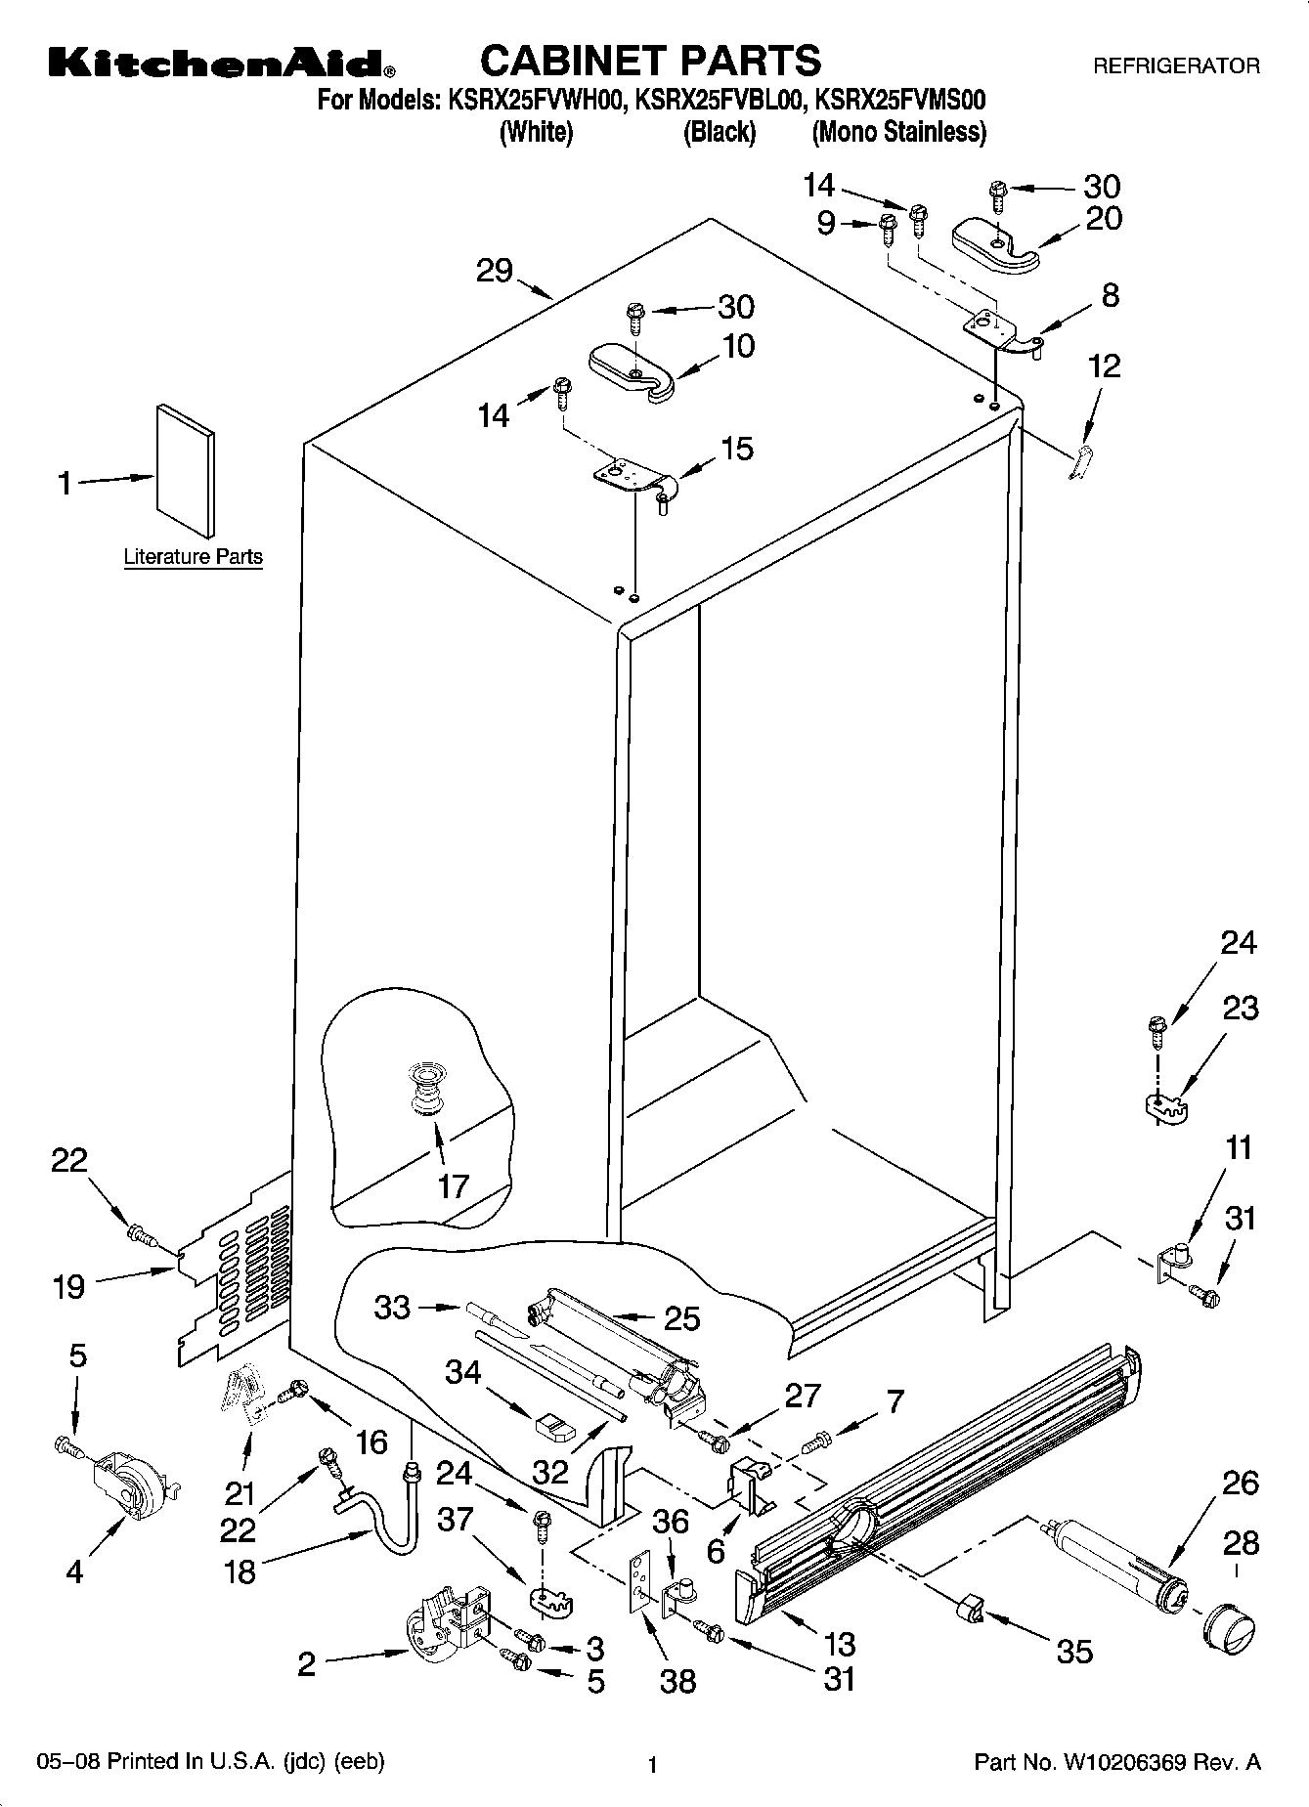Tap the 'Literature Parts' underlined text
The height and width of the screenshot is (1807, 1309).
click(194, 557)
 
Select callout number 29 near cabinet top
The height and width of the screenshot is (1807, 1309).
click(495, 271)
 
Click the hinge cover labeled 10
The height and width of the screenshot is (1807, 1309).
click(633, 369)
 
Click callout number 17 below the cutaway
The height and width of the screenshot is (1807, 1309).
click(454, 1186)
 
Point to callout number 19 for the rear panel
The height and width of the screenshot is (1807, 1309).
click(68, 1286)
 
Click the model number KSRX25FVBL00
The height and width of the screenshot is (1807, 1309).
click(720, 100)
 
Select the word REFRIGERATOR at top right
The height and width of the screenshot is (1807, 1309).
click(1176, 66)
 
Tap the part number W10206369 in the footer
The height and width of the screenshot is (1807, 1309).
click(1123, 1763)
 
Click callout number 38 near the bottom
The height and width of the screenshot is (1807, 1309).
click(677, 1680)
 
